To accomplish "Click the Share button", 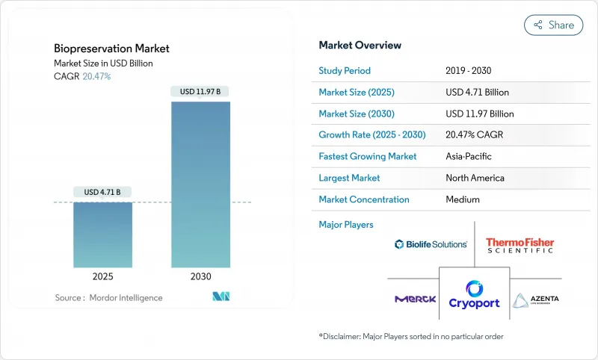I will pos(554,25).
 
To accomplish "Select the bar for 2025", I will pos(102,235).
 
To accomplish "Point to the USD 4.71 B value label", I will pos(102,193).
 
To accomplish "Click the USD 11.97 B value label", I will pos(200,92).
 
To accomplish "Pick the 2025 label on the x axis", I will pos(102,276).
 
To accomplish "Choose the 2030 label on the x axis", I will pos(200,276).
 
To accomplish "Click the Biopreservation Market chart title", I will pos(111,49).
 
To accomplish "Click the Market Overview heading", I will pos(360,46).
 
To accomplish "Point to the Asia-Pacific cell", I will pos(468,157).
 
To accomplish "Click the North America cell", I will pos(475,178).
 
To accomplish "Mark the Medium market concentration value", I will pos(462,199).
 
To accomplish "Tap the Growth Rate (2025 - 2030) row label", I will pos(368,135).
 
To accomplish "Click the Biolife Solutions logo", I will pos(431,244).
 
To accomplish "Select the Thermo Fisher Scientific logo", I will pos(520,245).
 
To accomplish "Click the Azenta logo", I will pos(535,300).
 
